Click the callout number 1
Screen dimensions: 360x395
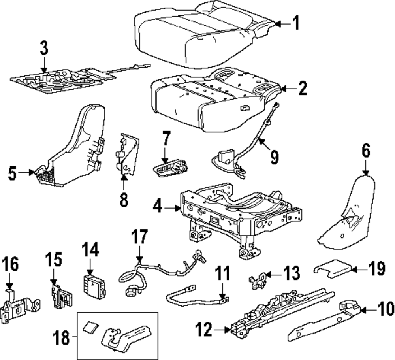pos(295,23)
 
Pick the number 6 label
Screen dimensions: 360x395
pos(366,152)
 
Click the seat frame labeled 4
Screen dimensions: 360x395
pos(237,213)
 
